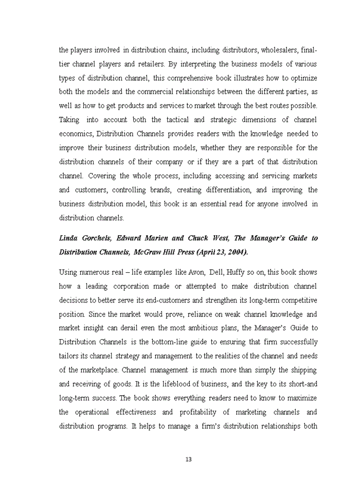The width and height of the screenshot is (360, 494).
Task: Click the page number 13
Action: [188, 460]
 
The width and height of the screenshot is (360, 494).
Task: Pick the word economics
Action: [76, 134]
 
